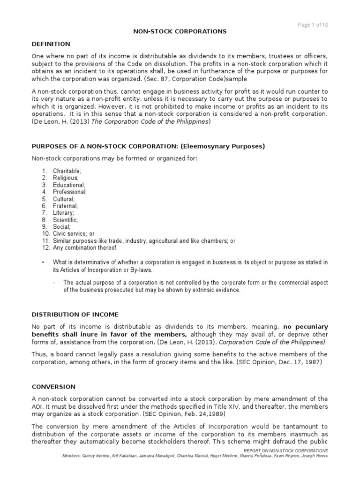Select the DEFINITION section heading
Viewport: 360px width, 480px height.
click(x=51, y=44)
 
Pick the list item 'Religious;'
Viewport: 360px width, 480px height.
click(x=66, y=178)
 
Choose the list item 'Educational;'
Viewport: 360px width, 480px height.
click(x=68, y=185)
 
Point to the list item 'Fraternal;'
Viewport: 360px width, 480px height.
click(x=66, y=206)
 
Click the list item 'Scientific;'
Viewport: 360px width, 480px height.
click(x=66, y=219)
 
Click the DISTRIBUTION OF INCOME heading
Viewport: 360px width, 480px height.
click(x=75, y=314)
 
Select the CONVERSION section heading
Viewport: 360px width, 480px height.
click(x=53, y=387)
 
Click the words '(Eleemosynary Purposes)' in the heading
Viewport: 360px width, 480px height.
click(x=226, y=146)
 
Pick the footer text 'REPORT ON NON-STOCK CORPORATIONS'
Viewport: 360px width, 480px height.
click(x=285, y=450)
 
